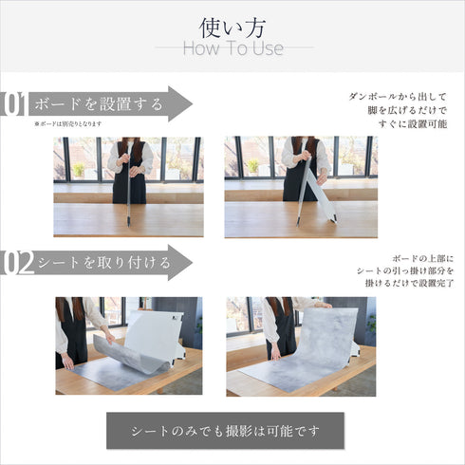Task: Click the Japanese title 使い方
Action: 232,26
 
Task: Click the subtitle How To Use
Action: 232,48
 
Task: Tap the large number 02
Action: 16,262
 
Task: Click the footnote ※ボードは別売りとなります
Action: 67,124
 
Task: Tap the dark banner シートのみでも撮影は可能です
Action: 225,430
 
